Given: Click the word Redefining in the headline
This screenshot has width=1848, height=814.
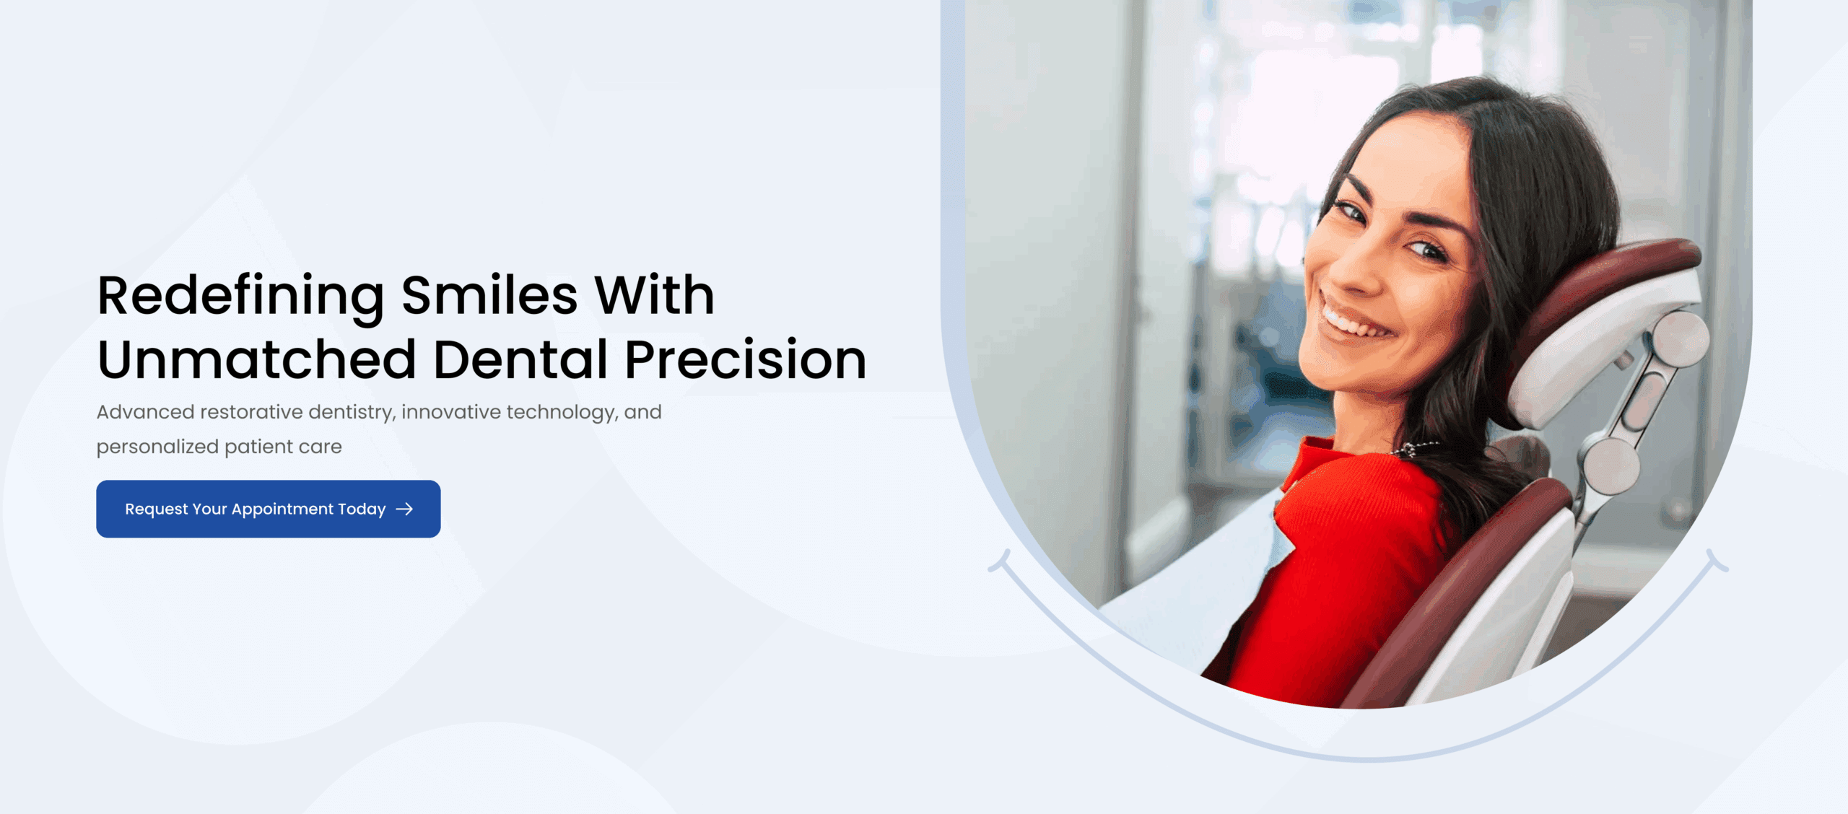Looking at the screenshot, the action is [x=241, y=297].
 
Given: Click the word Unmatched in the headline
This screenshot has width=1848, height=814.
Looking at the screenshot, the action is [x=257, y=359].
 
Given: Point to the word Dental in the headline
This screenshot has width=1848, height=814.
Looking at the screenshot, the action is [x=520, y=359].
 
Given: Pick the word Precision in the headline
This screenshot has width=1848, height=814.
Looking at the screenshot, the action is [x=745, y=359].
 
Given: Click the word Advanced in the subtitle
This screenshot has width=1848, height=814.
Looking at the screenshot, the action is [x=145, y=412].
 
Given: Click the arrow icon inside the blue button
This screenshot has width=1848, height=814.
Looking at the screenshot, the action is [x=405, y=509].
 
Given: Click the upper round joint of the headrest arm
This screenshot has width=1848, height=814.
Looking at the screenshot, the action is [x=1681, y=338].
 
